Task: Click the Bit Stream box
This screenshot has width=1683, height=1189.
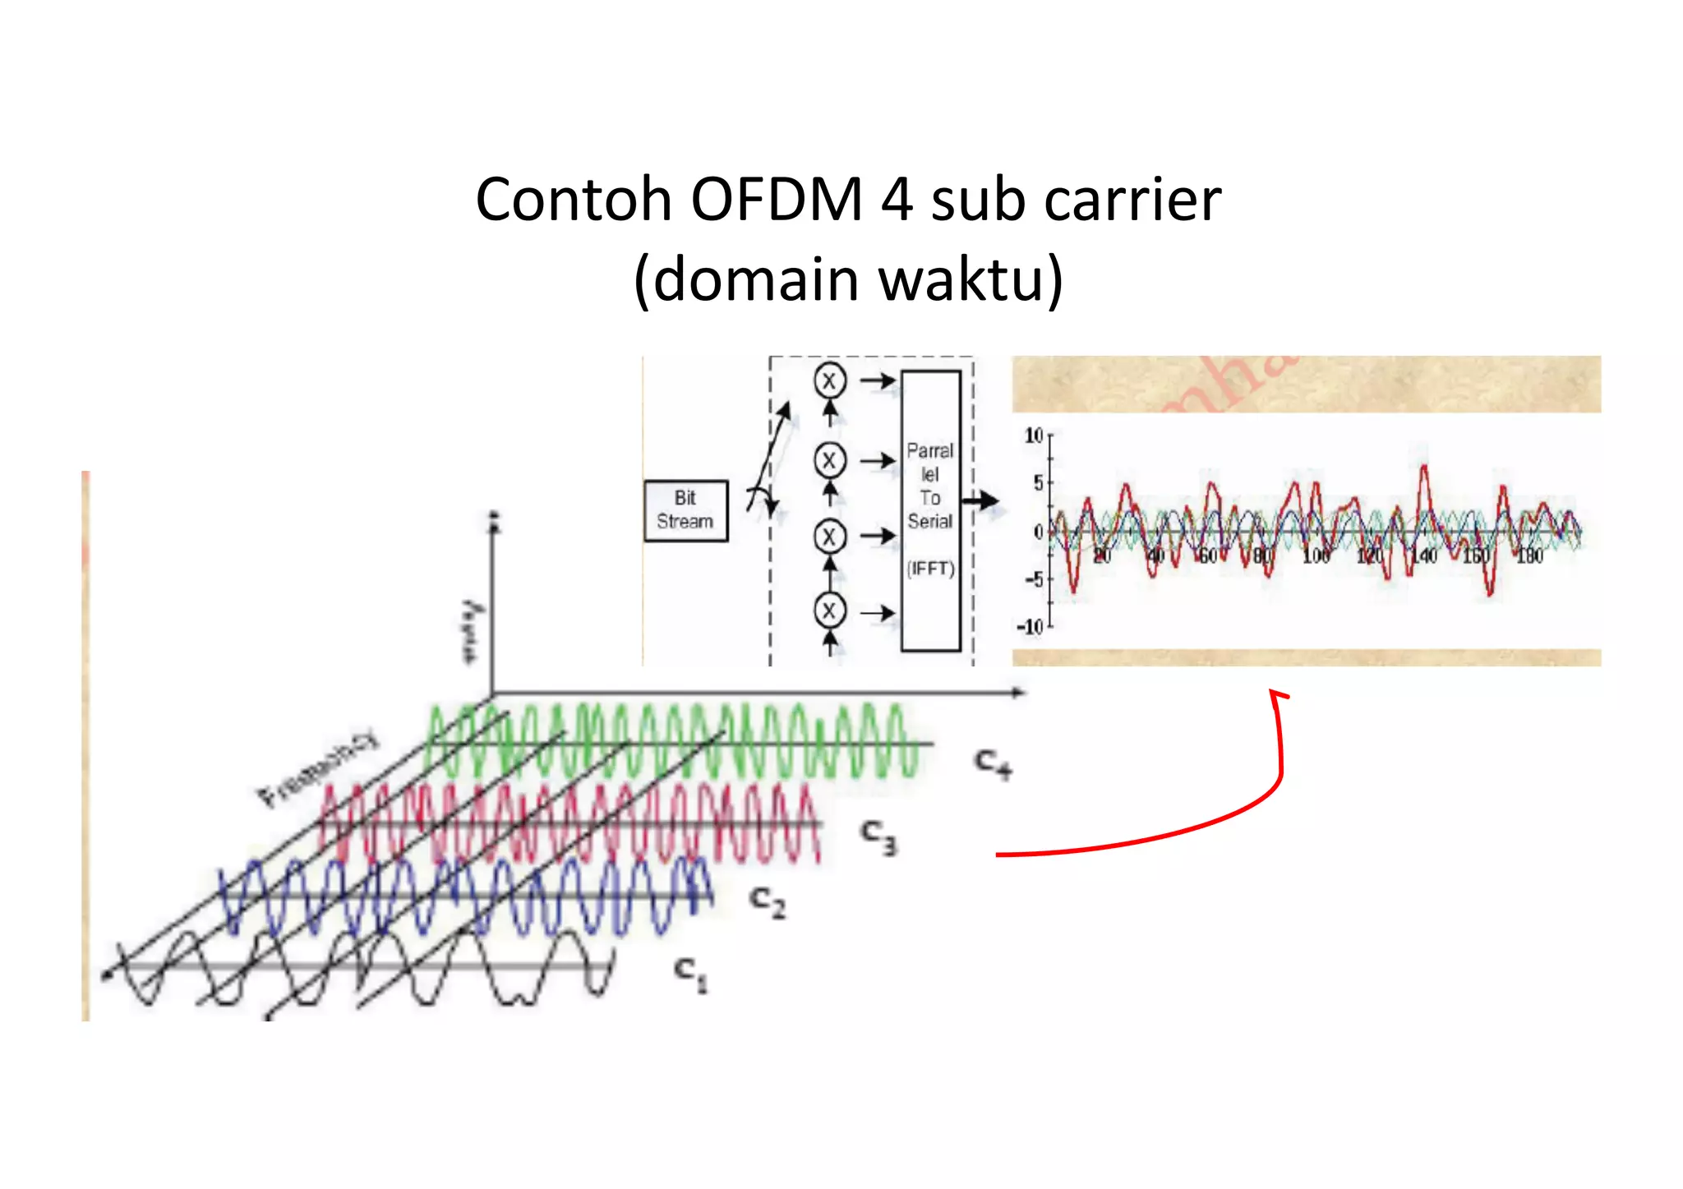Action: [685, 510]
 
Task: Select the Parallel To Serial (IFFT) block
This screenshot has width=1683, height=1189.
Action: [930, 509]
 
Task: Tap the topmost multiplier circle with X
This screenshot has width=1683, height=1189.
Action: [829, 381]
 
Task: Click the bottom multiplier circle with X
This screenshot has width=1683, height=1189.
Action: [829, 611]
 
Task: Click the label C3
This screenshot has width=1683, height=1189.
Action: [878, 836]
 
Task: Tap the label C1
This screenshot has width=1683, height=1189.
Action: [690, 973]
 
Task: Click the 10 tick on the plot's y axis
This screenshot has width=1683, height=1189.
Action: [1034, 436]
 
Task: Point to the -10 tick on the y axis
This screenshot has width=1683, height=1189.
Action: [1030, 627]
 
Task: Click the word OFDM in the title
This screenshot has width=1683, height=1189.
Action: [776, 200]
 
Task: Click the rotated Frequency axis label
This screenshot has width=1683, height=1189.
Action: [319, 767]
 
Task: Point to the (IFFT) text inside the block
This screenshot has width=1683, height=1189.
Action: [930, 569]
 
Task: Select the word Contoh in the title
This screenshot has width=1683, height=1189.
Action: [574, 200]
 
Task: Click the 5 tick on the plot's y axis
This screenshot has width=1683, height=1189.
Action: [1038, 483]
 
